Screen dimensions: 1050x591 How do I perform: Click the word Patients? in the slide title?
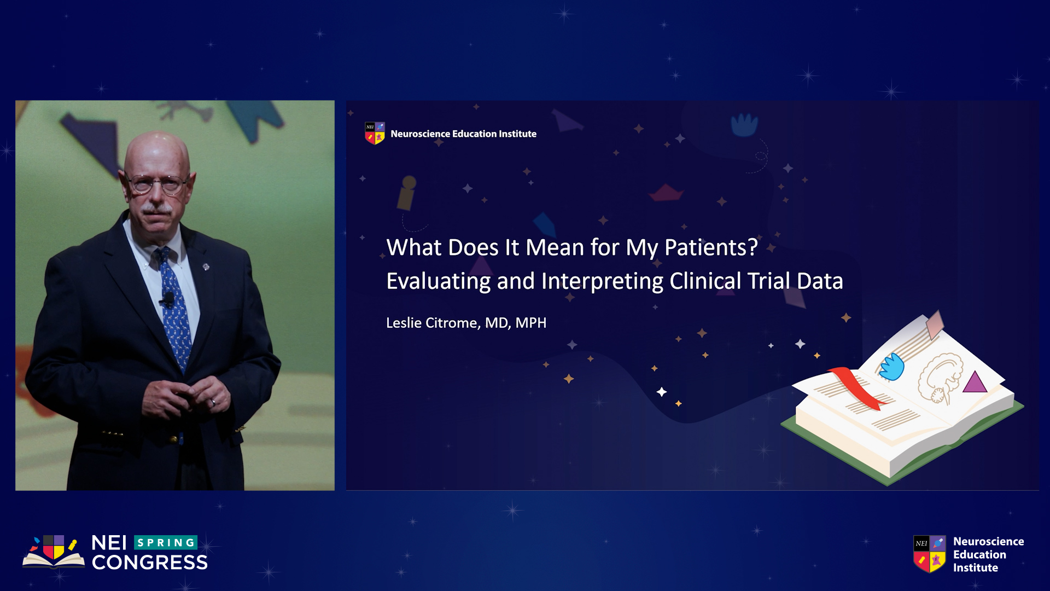click(x=711, y=248)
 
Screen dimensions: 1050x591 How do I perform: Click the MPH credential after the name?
click(x=531, y=323)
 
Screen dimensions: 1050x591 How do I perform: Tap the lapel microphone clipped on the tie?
click(x=168, y=299)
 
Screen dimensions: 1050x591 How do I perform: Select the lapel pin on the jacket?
click(x=206, y=267)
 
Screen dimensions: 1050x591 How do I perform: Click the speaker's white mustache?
click(x=157, y=208)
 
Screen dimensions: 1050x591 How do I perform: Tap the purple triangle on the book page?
click(x=974, y=382)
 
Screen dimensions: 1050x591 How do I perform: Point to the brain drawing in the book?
click(x=940, y=378)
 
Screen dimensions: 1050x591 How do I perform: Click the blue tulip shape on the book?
click(x=892, y=366)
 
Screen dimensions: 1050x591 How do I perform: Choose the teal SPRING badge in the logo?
click(x=166, y=542)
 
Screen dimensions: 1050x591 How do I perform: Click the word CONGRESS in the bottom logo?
click(x=150, y=563)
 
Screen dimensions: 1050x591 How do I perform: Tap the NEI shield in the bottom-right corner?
click(x=930, y=554)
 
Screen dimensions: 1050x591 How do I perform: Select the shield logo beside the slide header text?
click(x=375, y=134)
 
